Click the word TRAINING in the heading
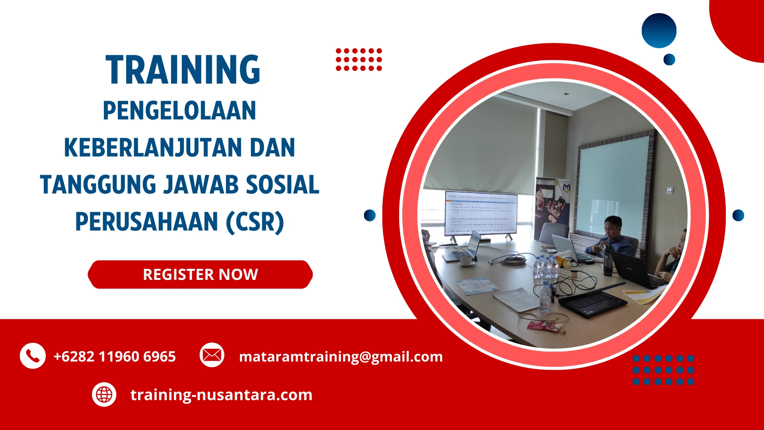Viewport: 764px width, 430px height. (x=183, y=70)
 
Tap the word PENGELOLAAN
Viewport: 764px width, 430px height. (x=179, y=111)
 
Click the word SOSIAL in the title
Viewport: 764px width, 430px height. (x=282, y=185)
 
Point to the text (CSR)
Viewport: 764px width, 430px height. (x=255, y=222)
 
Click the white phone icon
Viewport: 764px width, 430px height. (x=33, y=356)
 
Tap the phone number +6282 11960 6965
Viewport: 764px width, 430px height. (x=115, y=356)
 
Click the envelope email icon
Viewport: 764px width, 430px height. (x=212, y=355)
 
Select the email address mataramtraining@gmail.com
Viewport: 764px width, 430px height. (x=341, y=356)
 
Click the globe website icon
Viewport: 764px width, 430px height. (x=104, y=395)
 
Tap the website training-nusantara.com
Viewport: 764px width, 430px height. (x=221, y=395)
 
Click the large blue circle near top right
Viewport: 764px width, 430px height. (x=659, y=31)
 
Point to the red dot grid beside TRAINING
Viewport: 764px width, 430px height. (x=359, y=60)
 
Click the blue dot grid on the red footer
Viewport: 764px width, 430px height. (x=663, y=370)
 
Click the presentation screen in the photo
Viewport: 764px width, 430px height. (x=481, y=214)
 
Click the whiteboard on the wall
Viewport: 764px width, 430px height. (x=613, y=183)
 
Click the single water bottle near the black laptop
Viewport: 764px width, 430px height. (x=546, y=297)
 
